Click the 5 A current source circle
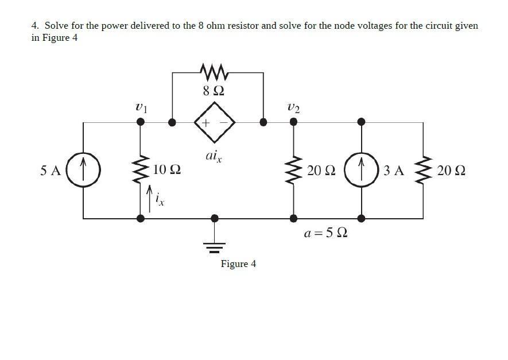tap(83, 170)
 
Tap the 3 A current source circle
tap(361, 170)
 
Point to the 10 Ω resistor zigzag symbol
tap(140, 170)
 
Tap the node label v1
tap(141, 107)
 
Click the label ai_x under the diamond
tap(213, 156)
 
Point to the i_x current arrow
tap(150, 198)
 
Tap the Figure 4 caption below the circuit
tap(238, 264)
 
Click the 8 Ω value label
tap(214, 90)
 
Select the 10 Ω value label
tap(167, 170)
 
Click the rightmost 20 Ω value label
tap(451, 170)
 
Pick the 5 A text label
tap(51, 170)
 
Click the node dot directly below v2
tap(293, 122)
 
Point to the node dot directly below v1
tap(140, 122)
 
